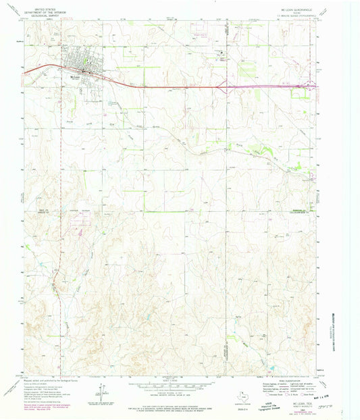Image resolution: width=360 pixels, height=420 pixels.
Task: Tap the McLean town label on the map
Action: (76, 76)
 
